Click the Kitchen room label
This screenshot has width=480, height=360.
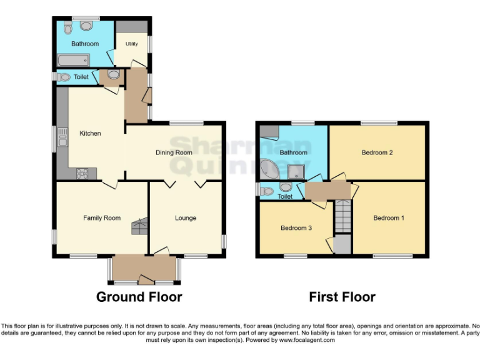(x=90, y=133)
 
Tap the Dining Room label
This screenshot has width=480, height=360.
(x=174, y=152)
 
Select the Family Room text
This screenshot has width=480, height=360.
(x=102, y=218)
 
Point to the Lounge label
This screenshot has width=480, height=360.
(x=186, y=218)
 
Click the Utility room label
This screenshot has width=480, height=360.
(x=131, y=44)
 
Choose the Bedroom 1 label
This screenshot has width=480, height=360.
(x=389, y=218)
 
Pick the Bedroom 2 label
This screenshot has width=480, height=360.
(x=377, y=152)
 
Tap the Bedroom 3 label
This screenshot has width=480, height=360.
(x=296, y=228)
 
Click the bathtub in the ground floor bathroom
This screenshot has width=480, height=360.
(x=73, y=60)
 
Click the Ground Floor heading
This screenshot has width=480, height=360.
(x=139, y=297)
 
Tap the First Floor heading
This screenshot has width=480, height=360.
(x=342, y=297)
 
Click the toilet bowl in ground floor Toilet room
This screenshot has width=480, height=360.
(x=64, y=77)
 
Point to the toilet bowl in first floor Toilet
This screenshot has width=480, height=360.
(x=267, y=191)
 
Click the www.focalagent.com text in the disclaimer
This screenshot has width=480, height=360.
(x=307, y=340)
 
